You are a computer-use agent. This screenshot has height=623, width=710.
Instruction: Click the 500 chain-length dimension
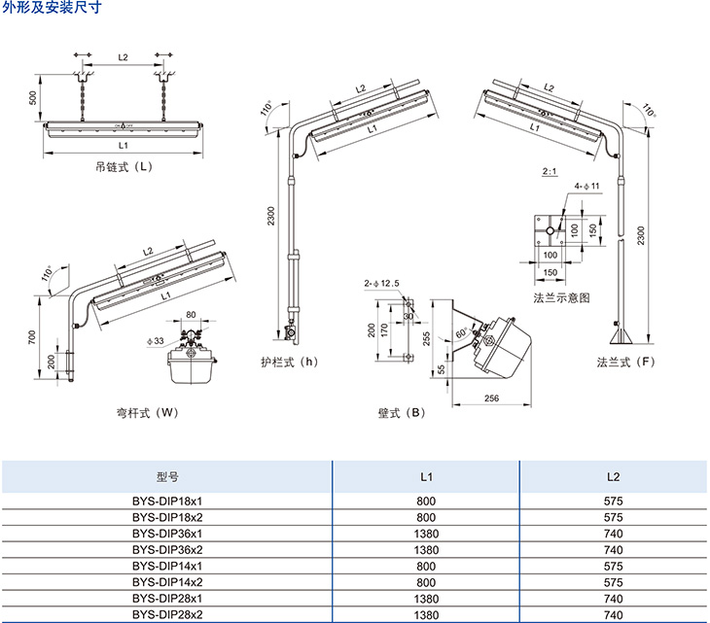(x=33, y=99)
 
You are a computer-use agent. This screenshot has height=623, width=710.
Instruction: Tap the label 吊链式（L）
(x=124, y=166)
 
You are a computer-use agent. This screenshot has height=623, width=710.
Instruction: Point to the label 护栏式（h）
(x=290, y=363)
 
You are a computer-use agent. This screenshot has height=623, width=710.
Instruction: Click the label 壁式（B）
(x=402, y=412)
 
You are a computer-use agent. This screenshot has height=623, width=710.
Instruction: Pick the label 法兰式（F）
(x=626, y=363)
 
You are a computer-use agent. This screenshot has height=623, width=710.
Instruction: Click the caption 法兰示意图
(x=562, y=297)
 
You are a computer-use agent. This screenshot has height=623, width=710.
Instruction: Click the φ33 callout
(x=155, y=340)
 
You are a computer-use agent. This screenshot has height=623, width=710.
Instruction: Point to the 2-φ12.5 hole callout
(x=381, y=283)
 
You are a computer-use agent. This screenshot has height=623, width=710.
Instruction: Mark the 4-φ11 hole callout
(x=586, y=185)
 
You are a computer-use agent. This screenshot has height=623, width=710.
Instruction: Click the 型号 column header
(x=167, y=477)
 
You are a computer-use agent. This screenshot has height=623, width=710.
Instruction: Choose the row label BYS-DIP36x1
(x=167, y=533)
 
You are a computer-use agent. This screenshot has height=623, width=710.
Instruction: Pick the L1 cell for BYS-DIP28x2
(x=425, y=615)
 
